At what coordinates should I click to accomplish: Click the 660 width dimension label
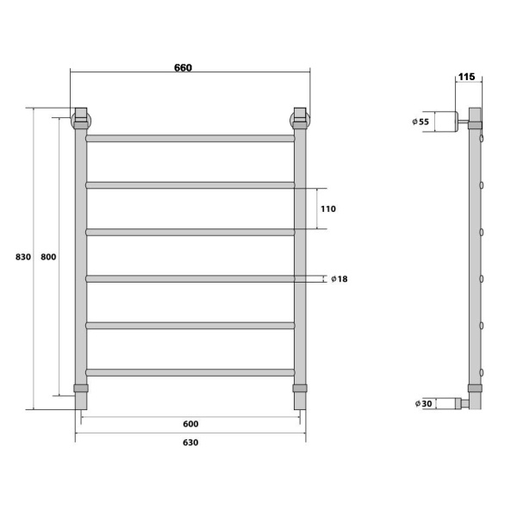(x=183, y=67)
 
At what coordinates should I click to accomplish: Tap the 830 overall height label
(x=23, y=257)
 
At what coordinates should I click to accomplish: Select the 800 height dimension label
(x=48, y=257)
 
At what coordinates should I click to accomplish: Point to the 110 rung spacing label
(x=328, y=209)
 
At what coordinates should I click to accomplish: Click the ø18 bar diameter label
(x=339, y=279)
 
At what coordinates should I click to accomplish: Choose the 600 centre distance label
(x=190, y=424)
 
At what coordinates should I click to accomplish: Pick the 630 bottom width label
(x=190, y=442)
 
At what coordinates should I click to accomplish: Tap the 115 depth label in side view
(x=466, y=77)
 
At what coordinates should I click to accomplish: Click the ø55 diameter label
(x=420, y=121)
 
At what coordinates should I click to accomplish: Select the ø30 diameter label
(x=423, y=403)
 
